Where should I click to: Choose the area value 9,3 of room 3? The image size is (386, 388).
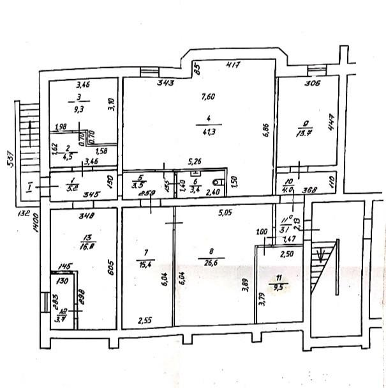click(x=79, y=109)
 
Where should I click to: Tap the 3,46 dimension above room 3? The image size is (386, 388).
click(x=84, y=84)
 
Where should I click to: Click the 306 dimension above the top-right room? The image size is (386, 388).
click(x=313, y=82)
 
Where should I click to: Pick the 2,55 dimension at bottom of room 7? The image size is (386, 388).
click(x=145, y=321)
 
